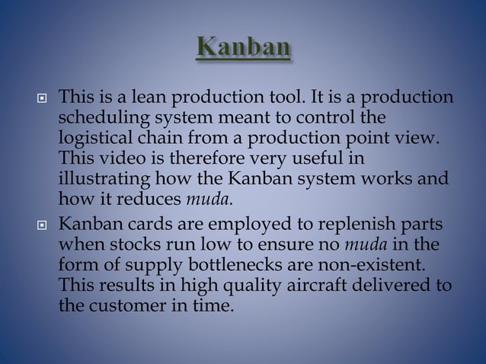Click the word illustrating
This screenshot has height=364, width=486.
coord(102,179)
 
